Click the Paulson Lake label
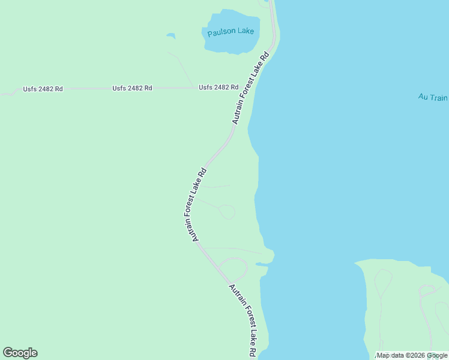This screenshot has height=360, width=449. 231,32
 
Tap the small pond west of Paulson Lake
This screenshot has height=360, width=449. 171,36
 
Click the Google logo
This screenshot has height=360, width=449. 20,353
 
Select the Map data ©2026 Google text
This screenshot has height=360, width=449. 412,355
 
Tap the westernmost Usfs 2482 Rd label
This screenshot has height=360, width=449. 43,89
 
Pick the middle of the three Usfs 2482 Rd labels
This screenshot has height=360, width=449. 132,88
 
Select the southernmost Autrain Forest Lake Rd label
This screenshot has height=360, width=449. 244,321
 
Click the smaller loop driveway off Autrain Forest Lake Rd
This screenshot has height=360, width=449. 227,212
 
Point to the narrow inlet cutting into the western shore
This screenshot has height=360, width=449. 262,263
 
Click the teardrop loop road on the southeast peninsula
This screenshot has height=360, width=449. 382,281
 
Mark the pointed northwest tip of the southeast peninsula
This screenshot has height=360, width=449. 356,262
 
